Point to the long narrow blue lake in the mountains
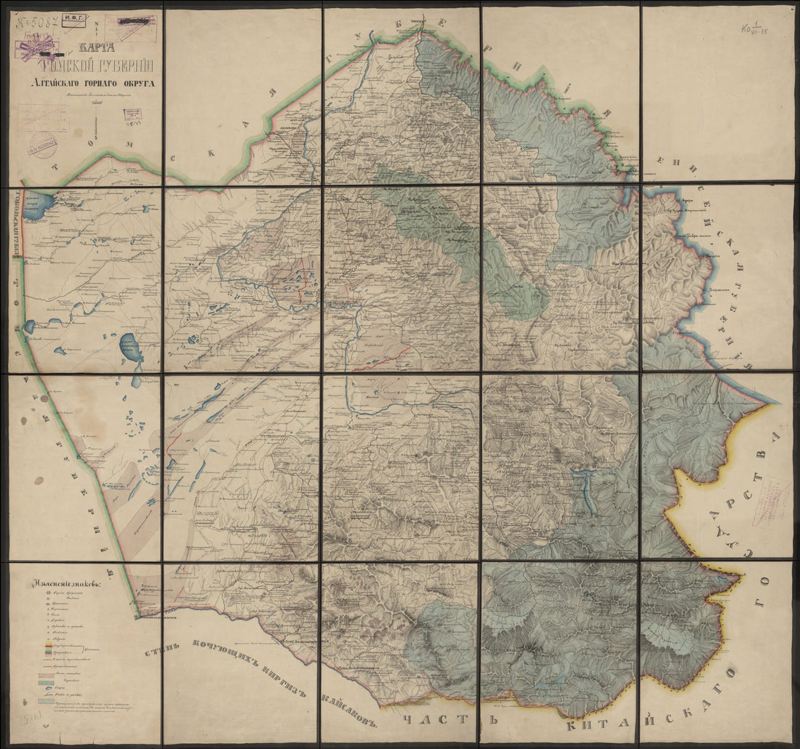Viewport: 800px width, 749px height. coord(588,490)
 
